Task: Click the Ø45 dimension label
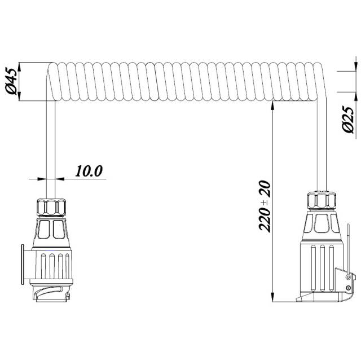(x=11, y=81)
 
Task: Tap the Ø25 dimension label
(x=348, y=119)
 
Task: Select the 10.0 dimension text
(x=89, y=171)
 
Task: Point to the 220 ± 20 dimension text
(x=265, y=206)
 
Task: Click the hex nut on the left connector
(x=51, y=207)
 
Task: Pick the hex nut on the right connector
(x=322, y=201)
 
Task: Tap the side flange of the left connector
(x=23, y=265)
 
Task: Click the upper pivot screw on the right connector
(x=349, y=276)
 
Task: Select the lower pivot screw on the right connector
(x=349, y=288)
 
